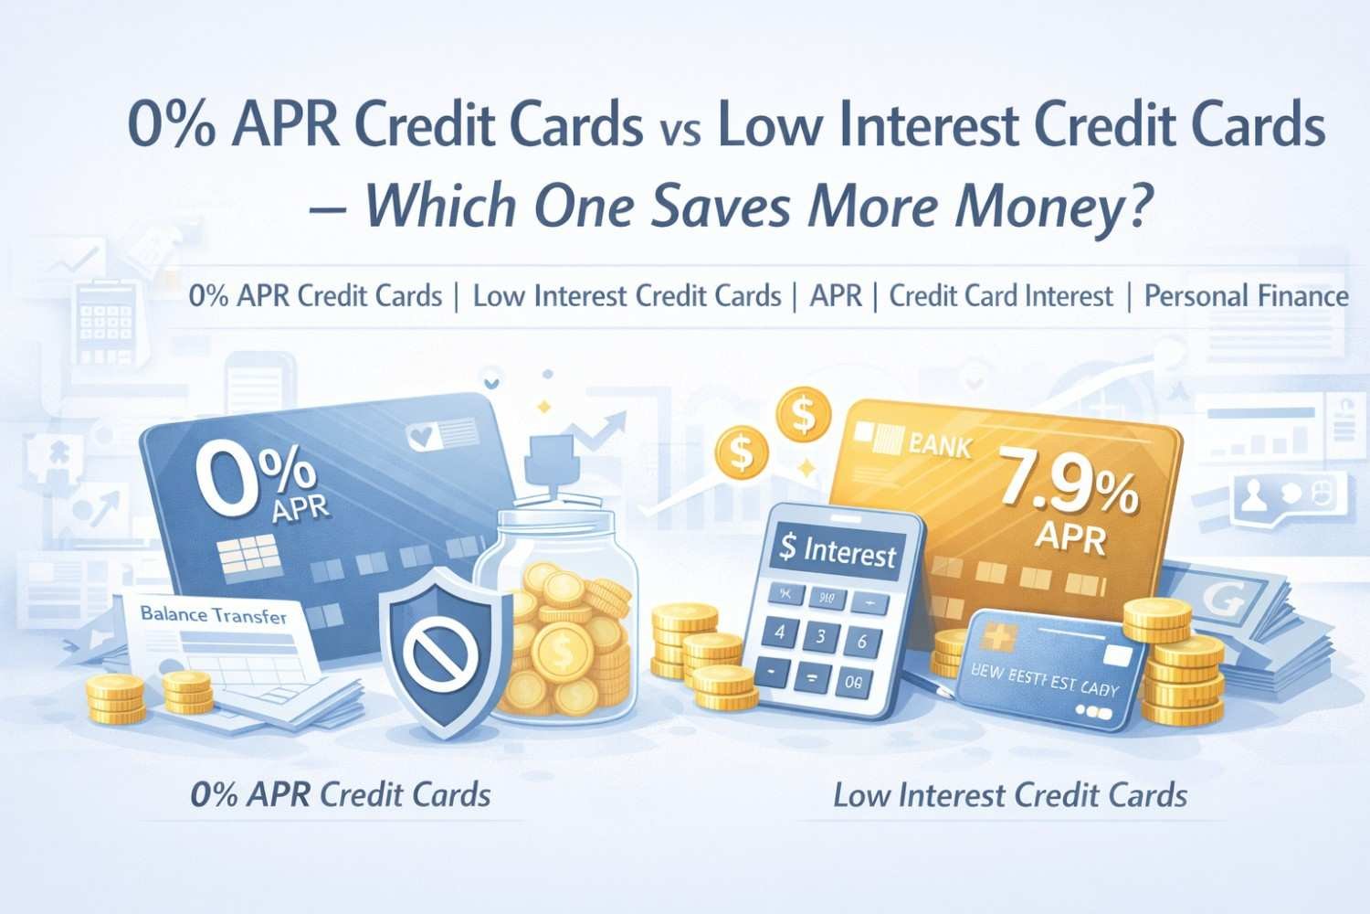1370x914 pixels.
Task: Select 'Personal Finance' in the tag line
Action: coord(1246,296)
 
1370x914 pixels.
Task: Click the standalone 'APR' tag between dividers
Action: coord(836,296)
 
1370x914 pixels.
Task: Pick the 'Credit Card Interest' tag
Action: coord(1001,296)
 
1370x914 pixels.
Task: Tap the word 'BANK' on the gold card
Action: coord(940,447)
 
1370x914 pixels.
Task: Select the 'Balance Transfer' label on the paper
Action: coord(214,615)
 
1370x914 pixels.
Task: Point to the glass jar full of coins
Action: coord(560,612)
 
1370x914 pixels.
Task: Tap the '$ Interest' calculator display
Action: coord(838,551)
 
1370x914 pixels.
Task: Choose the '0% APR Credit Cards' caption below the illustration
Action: coord(341,794)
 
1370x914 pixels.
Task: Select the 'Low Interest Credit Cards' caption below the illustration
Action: coord(1009,794)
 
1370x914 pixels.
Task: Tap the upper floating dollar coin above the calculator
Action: coord(803,416)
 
